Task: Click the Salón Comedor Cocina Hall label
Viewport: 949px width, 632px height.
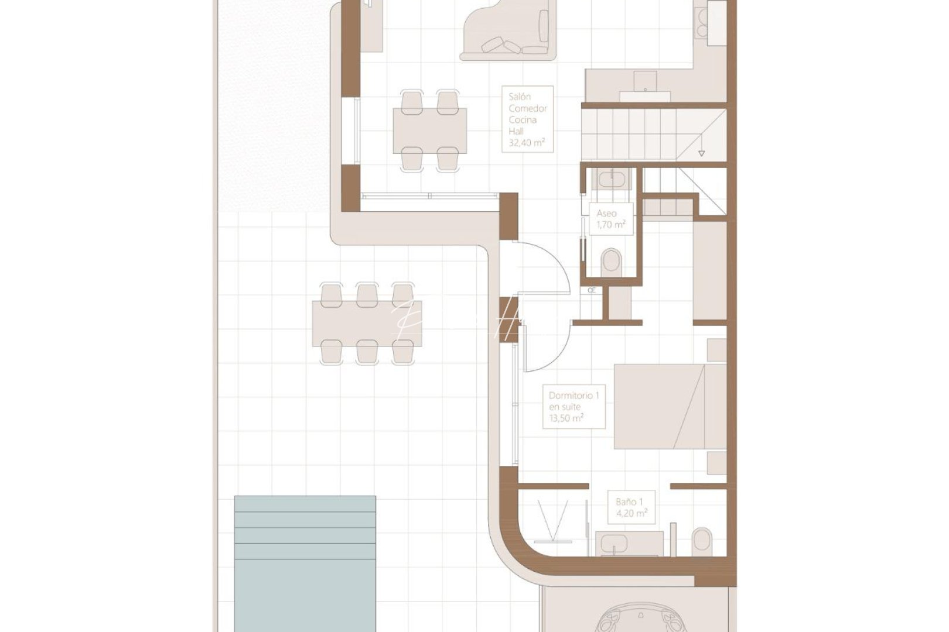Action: (x=527, y=119)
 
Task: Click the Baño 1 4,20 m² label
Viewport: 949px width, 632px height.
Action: (x=631, y=507)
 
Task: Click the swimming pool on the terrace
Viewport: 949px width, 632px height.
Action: (x=305, y=563)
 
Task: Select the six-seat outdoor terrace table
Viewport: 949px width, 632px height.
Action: (x=367, y=324)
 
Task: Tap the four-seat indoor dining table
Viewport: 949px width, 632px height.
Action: (x=430, y=130)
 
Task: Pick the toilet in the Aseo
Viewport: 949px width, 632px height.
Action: (x=611, y=260)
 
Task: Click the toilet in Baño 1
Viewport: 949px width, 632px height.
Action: (x=701, y=541)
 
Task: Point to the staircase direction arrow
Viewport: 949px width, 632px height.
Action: (x=701, y=153)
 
